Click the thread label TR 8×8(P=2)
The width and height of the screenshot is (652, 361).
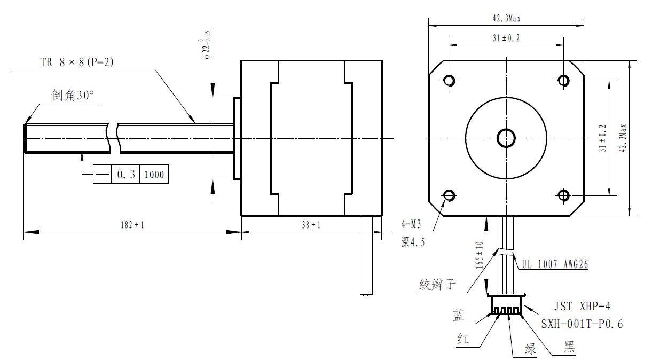(x=77, y=62)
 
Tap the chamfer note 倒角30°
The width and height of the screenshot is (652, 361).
(x=73, y=96)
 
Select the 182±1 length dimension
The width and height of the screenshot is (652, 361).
(x=132, y=225)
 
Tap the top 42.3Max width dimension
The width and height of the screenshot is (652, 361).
(x=506, y=18)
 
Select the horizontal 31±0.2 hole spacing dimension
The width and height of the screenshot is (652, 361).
(x=506, y=38)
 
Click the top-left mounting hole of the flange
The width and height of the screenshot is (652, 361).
(x=449, y=80)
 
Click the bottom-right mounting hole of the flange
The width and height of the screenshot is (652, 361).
(x=563, y=195)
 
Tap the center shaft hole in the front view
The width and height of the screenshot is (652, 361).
(x=506, y=138)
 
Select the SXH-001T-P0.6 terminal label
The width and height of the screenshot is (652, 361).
(x=582, y=324)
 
